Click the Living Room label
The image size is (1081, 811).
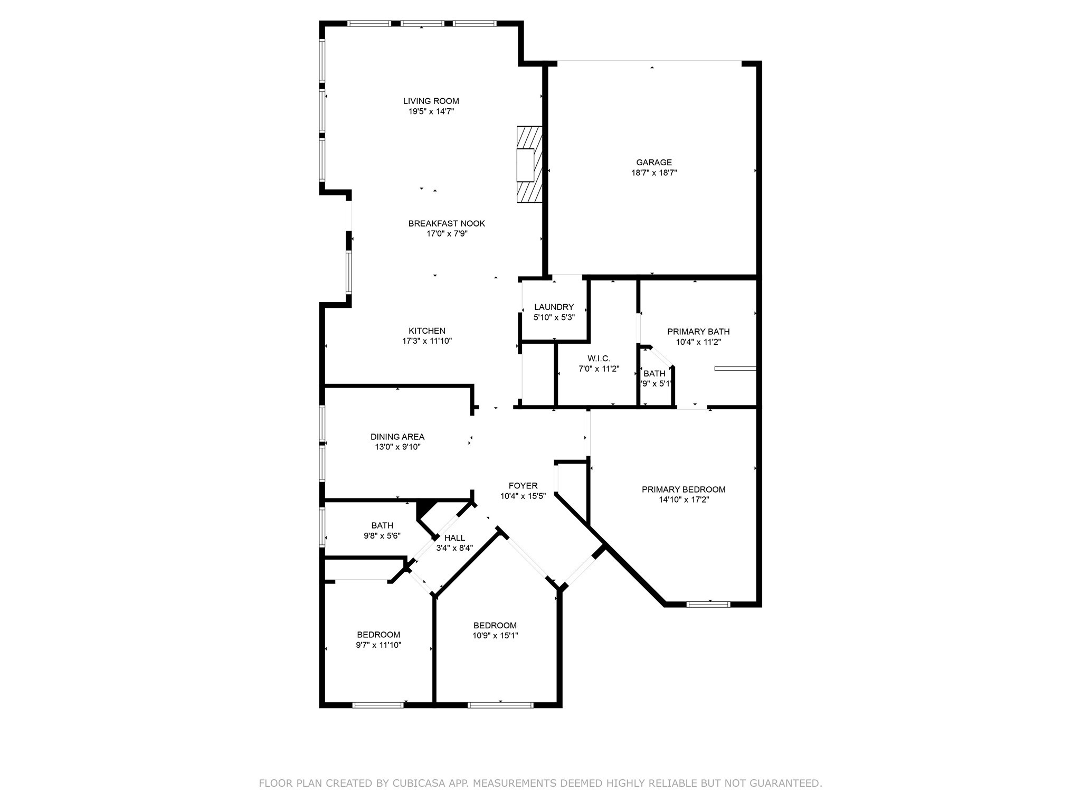(431, 101)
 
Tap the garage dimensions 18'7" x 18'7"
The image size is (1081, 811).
(654, 173)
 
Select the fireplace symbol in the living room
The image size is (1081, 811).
(529, 164)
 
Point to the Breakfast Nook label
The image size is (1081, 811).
(447, 223)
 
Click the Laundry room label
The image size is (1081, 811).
(554, 307)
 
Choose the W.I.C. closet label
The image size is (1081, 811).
(598, 359)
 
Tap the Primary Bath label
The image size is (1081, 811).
(698, 332)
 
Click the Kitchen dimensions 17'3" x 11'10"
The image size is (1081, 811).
(427, 341)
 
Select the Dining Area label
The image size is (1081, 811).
(397, 437)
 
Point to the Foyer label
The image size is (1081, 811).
(523, 486)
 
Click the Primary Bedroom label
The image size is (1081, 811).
(684, 489)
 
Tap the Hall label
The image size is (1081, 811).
(454, 538)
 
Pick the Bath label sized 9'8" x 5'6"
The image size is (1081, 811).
(382, 525)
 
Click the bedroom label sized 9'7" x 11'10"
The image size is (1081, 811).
(378, 635)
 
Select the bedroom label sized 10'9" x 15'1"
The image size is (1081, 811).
(495, 626)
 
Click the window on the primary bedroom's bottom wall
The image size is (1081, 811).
(708, 604)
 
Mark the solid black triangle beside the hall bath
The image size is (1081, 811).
(424, 509)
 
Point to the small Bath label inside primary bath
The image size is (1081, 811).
(655, 373)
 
